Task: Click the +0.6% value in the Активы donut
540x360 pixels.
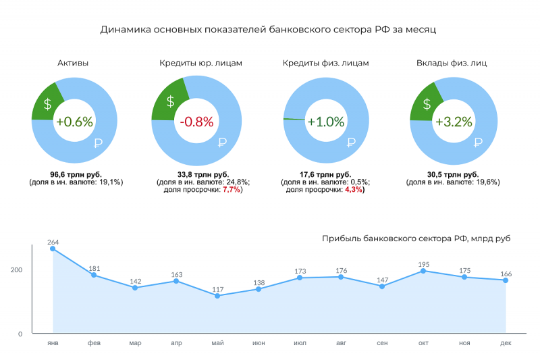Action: coord(74,122)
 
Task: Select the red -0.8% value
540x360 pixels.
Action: coord(196,122)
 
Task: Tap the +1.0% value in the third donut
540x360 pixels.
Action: coord(326,122)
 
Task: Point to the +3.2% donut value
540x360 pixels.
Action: coord(453,122)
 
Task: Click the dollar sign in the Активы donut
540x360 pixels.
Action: coord(47,104)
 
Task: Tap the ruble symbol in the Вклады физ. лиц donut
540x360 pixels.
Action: coord(479,142)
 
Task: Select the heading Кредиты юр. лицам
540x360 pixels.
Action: coord(200,63)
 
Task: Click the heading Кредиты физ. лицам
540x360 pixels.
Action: coord(325,63)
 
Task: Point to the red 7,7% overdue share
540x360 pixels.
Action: coord(232,190)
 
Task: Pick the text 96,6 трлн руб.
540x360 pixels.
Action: coord(76,174)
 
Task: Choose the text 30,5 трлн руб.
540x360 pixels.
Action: coord(453,174)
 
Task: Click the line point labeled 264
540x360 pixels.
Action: coord(53,249)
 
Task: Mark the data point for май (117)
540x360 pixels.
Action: coord(217,296)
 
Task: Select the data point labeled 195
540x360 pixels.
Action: coord(423,271)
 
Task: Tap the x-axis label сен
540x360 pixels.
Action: coord(382,343)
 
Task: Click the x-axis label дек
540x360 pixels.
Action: coord(506,343)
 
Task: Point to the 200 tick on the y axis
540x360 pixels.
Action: coord(16,269)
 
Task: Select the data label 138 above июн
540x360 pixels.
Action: coord(259,282)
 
